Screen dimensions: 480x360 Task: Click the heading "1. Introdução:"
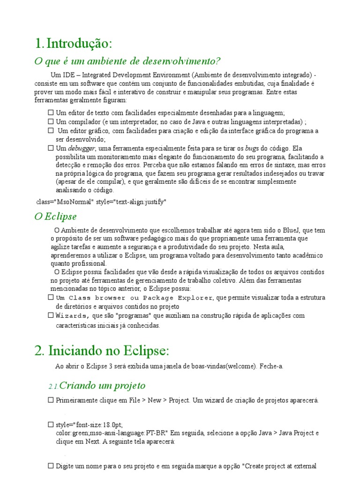tap(74, 44)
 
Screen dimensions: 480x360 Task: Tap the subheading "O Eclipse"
tap(56, 217)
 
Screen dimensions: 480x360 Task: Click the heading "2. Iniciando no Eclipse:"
tap(102, 351)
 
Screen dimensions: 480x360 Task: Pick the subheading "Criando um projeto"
tap(103, 386)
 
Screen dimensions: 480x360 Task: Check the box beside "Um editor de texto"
tap(51, 113)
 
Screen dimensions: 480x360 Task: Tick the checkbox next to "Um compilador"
tap(51, 121)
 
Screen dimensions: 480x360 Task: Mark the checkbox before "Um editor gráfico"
tap(51, 130)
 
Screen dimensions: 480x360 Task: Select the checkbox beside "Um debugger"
tap(51, 148)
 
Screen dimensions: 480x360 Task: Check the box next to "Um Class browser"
tap(51, 297)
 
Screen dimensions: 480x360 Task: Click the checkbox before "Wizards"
tap(51, 315)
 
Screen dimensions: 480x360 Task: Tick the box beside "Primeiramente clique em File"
tap(51, 400)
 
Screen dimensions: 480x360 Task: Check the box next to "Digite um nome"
tap(51, 466)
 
